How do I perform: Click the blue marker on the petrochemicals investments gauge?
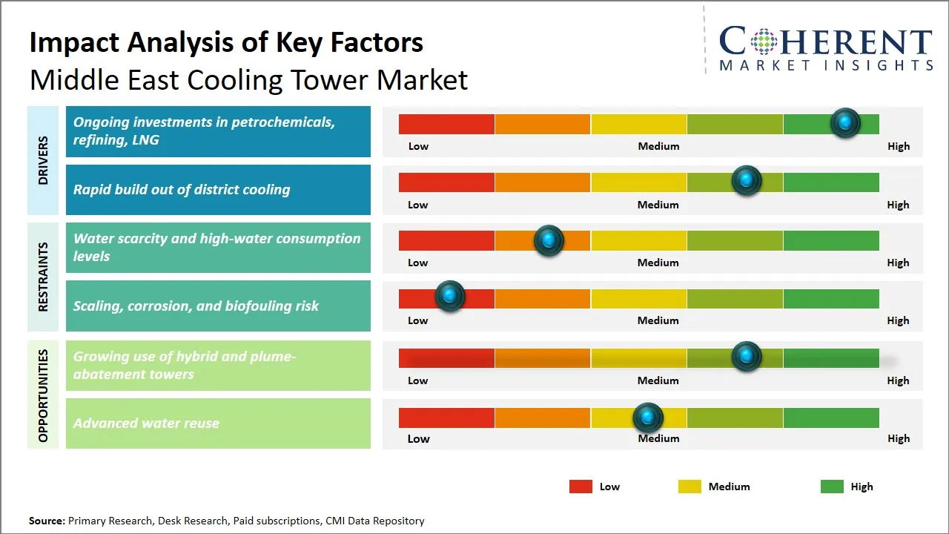pyautogui.click(x=844, y=122)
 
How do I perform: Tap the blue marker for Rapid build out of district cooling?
pyautogui.click(x=746, y=181)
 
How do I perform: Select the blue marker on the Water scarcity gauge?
pyautogui.click(x=549, y=240)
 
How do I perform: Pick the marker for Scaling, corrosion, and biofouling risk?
pyautogui.click(x=449, y=295)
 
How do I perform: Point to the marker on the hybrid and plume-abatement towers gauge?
pyautogui.click(x=746, y=356)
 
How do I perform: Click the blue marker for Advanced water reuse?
pyautogui.click(x=648, y=418)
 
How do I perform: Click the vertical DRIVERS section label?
pyautogui.click(x=43, y=160)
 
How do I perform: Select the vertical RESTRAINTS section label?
pyautogui.click(x=43, y=277)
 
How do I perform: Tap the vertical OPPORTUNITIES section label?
pyautogui.click(x=43, y=395)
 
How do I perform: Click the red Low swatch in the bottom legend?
pyautogui.click(x=581, y=487)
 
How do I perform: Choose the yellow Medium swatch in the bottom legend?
pyautogui.click(x=690, y=487)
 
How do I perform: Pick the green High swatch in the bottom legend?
pyautogui.click(x=832, y=487)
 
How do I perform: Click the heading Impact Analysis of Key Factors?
pyautogui.click(x=226, y=43)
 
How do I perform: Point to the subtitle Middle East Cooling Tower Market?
pyautogui.click(x=248, y=80)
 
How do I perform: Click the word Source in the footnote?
pyautogui.click(x=47, y=521)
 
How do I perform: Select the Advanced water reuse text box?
pyautogui.click(x=218, y=423)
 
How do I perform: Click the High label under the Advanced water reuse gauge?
pyautogui.click(x=898, y=438)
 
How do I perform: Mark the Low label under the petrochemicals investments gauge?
pyautogui.click(x=418, y=146)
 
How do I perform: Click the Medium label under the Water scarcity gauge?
pyautogui.click(x=658, y=263)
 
